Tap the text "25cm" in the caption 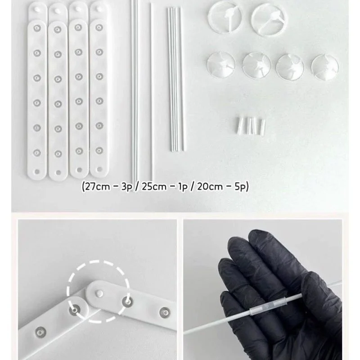point(154,187)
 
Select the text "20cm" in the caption point(210,187)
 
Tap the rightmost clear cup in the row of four point(325,67)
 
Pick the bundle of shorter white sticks point(176,79)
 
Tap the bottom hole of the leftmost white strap point(37,171)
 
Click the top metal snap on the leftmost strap point(37,28)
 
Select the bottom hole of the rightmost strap point(99,170)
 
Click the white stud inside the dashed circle point(99,293)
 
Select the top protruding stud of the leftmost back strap point(37,9)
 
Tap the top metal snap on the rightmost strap point(99,28)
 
